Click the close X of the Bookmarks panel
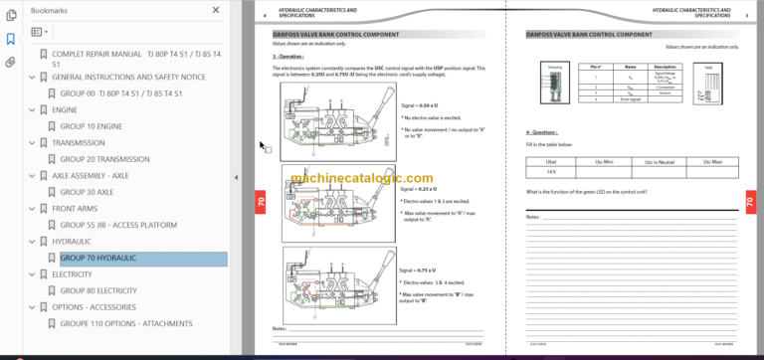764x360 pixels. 217,10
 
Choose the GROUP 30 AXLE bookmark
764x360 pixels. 87,192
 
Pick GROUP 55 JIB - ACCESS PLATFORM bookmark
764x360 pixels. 118,225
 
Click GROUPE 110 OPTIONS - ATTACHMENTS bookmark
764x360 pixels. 127,323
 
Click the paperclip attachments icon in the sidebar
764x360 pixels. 10,61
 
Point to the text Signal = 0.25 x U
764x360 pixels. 418,188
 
